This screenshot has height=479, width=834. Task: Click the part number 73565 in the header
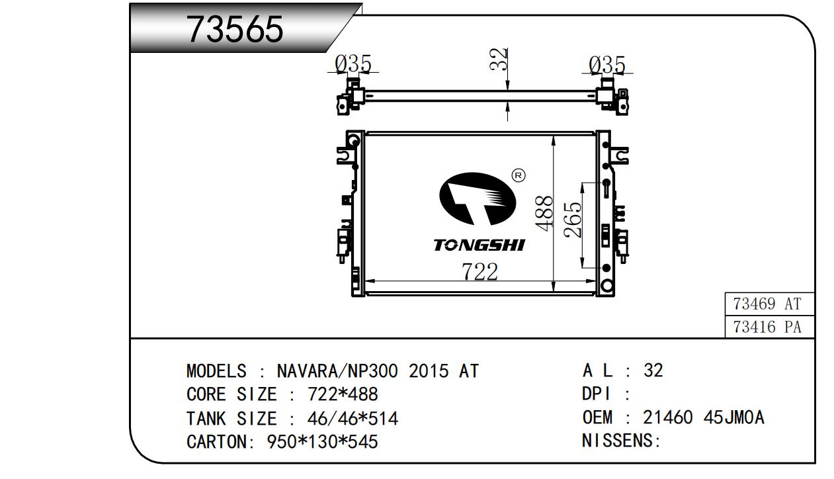(235, 29)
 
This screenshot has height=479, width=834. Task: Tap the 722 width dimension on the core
(480, 271)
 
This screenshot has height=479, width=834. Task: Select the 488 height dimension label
(544, 213)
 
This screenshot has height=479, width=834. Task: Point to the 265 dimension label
(572, 220)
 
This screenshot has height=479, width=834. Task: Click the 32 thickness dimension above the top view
(499, 59)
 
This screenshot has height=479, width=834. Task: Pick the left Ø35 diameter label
(353, 64)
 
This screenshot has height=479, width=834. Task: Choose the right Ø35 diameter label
(607, 65)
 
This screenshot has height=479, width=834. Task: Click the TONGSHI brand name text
(480, 245)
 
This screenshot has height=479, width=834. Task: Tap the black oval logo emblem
(478, 198)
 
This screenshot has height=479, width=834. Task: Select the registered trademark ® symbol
(519, 175)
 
